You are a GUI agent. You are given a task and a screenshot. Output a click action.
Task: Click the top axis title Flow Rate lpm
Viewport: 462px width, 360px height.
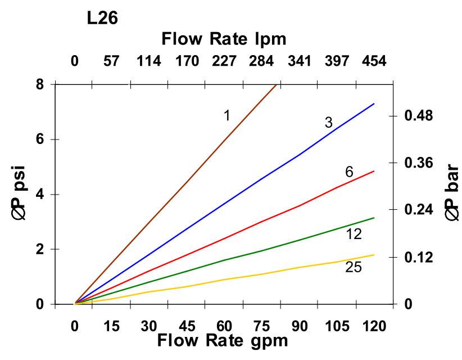pyautogui.click(x=224, y=39)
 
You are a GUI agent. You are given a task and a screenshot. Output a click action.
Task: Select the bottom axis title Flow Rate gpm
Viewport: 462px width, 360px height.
pyautogui.click(x=222, y=340)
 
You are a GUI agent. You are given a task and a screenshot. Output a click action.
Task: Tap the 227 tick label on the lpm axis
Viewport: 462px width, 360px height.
pyautogui.click(x=224, y=61)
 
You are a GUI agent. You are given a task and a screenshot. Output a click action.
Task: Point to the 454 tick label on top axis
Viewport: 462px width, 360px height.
pyautogui.click(x=374, y=61)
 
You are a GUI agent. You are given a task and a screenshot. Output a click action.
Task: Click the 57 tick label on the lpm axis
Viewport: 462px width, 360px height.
pyautogui.click(x=112, y=61)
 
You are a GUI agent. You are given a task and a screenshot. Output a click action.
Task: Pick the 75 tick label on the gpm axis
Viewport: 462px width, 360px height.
pyautogui.click(x=261, y=327)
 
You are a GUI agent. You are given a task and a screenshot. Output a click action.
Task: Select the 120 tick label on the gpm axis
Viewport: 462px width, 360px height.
pyautogui.click(x=374, y=327)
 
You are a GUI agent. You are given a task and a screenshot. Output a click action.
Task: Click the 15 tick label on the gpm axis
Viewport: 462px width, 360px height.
pyautogui.click(x=112, y=327)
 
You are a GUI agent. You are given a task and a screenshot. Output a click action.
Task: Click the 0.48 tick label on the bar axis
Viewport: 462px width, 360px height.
pyautogui.click(x=418, y=116)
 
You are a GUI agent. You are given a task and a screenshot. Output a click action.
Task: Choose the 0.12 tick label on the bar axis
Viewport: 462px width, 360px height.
pyautogui.click(x=418, y=258)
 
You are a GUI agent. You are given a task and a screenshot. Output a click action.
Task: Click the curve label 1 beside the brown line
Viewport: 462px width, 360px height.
pyautogui.click(x=227, y=116)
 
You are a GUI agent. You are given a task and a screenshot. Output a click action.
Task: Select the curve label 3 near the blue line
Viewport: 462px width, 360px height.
pyautogui.click(x=329, y=123)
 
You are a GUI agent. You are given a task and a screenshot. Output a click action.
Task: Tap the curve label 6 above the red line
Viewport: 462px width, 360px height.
pyautogui.click(x=349, y=172)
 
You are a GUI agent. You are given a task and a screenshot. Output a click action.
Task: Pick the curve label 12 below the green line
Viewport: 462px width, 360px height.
pyautogui.click(x=354, y=235)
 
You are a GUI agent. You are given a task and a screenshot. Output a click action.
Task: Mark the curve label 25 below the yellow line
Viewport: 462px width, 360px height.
pyautogui.click(x=354, y=268)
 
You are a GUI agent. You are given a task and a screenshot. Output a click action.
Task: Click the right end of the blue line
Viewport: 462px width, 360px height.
pyautogui.click(x=374, y=104)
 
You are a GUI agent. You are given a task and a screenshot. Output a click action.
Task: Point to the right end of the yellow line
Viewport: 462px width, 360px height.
pyautogui.click(x=374, y=255)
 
